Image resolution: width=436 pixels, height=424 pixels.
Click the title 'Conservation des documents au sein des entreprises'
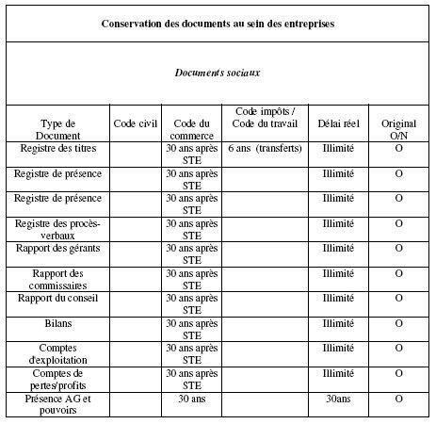tap(218, 21)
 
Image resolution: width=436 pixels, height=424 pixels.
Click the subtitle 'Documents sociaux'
tap(218, 71)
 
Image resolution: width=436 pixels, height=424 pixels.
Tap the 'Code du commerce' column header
tap(191, 129)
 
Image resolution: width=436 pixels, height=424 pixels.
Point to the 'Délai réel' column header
tap(336, 123)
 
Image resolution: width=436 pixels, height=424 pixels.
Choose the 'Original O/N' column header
tap(398, 129)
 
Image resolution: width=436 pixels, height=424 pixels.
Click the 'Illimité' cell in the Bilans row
tap(336, 323)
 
